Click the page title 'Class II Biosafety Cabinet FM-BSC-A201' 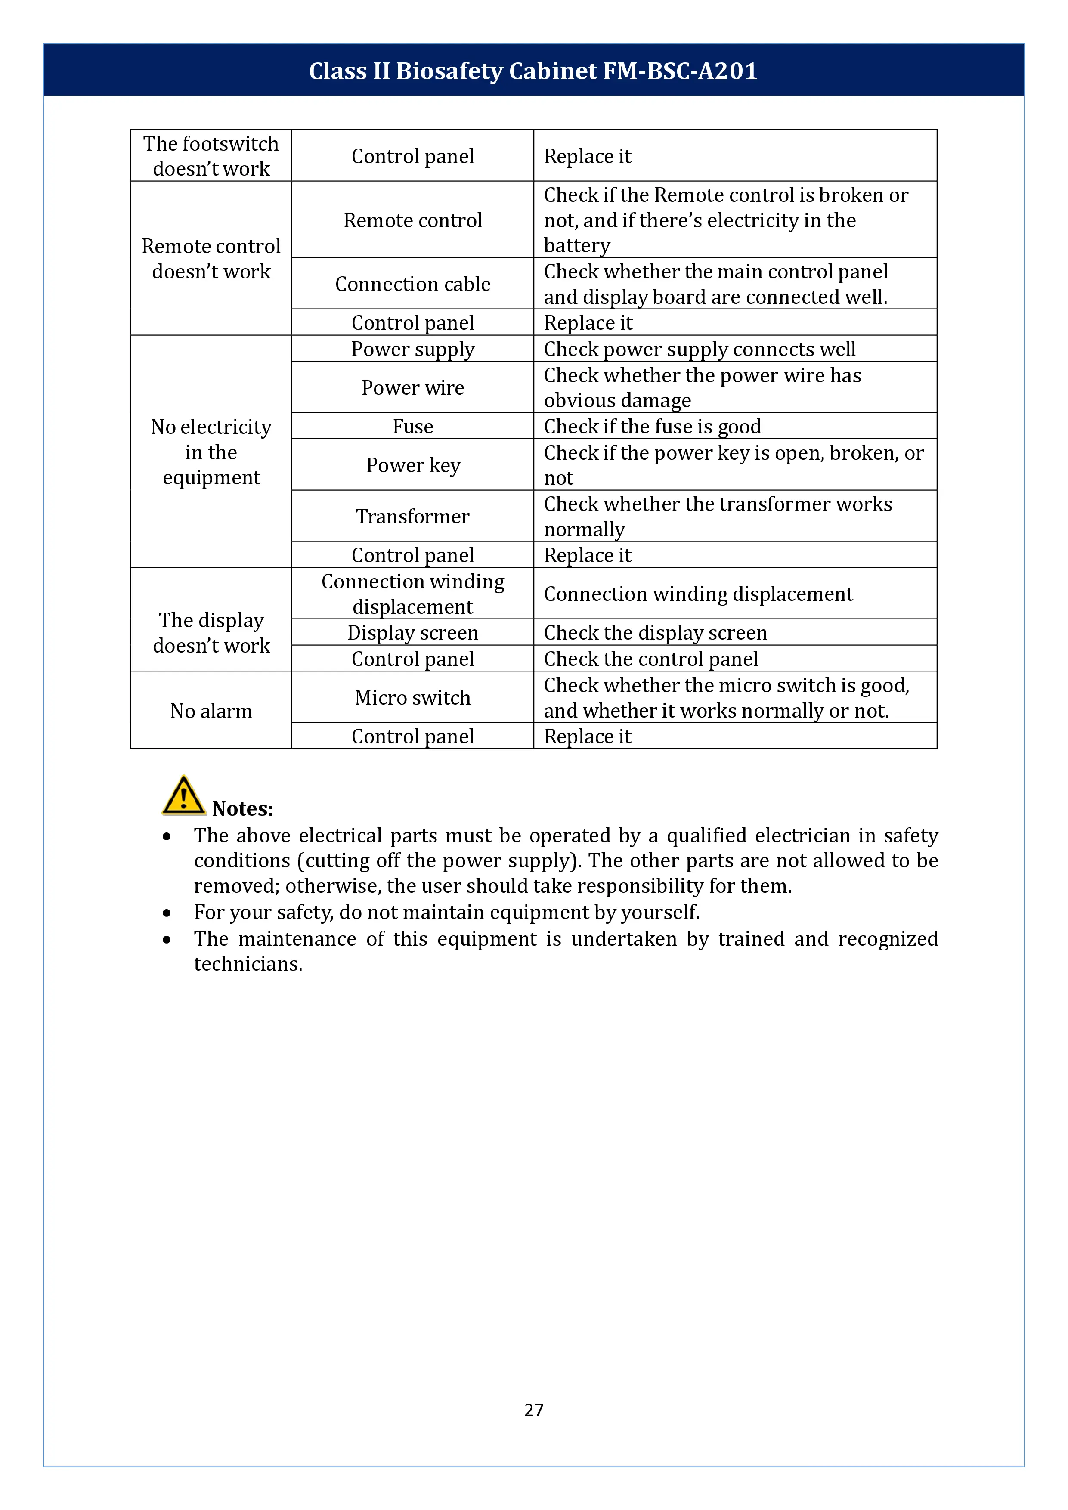[x=533, y=71]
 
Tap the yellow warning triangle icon [x=183, y=796]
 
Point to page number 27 [x=533, y=1409]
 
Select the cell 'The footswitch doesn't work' [x=211, y=156]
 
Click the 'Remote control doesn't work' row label [x=211, y=258]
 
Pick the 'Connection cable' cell [x=412, y=284]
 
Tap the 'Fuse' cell [x=412, y=426]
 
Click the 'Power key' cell [x=412, y=465]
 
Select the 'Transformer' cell [x=412, y=516]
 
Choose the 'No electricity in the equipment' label [x=211, y=452]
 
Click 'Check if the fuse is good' [x=652, y=426]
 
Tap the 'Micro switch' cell [x=412, y=697]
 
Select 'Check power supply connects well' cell [x=699, y=349]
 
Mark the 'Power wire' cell [x=412, y=387]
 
